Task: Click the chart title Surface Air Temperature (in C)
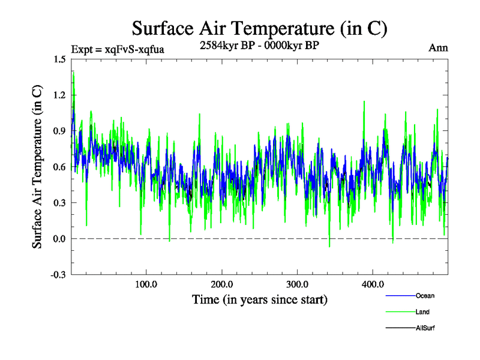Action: click(259, 28)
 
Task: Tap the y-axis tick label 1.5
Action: click(59, 59)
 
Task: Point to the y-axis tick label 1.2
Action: click(59, 95)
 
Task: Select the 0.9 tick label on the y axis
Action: click(59, 131)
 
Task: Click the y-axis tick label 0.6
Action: click(59, 167)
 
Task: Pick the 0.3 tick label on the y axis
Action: click(59, 203)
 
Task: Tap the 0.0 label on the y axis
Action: click(59, 239)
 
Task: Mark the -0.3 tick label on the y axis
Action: click(58, 275)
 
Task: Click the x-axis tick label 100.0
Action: click(146, 284)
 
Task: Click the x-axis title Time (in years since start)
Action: click(259, 299)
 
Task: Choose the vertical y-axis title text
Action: click(37, 167)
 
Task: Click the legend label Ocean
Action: click(425, 296)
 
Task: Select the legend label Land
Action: click(422, 312)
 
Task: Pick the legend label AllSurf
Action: click(425, 328)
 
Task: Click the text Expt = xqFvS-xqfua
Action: click(118, 49)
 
